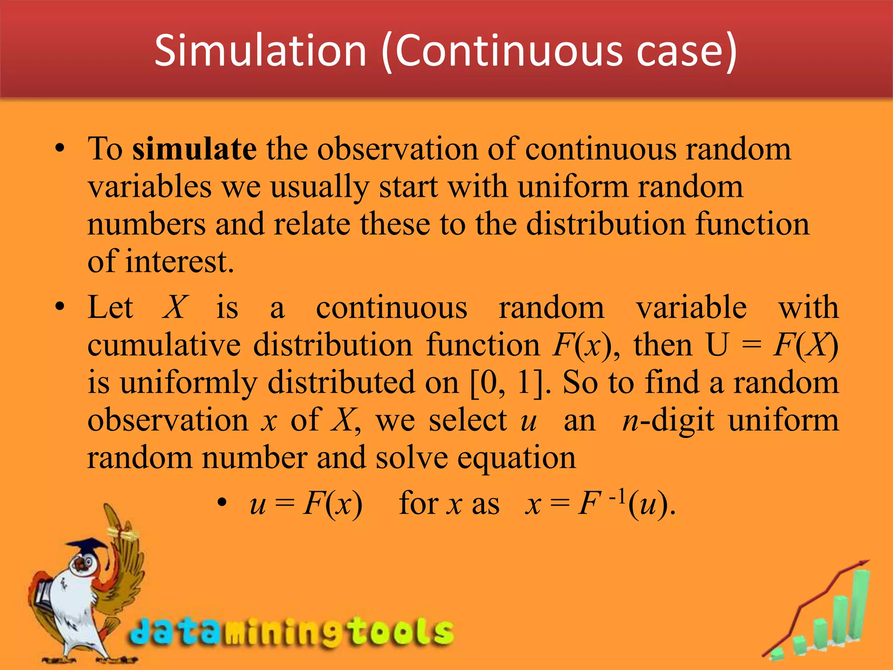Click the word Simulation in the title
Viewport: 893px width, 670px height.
click(260, 51)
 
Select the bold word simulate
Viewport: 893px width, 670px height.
click(194, 149)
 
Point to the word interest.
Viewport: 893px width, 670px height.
click(179, 262)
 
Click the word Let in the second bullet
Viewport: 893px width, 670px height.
click(110, 308)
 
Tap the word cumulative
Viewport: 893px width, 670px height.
click(164, 345)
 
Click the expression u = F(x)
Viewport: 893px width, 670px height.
click(306, 504)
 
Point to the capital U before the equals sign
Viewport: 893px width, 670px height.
click(717, 345)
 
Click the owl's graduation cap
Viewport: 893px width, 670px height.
click(87, 546)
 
